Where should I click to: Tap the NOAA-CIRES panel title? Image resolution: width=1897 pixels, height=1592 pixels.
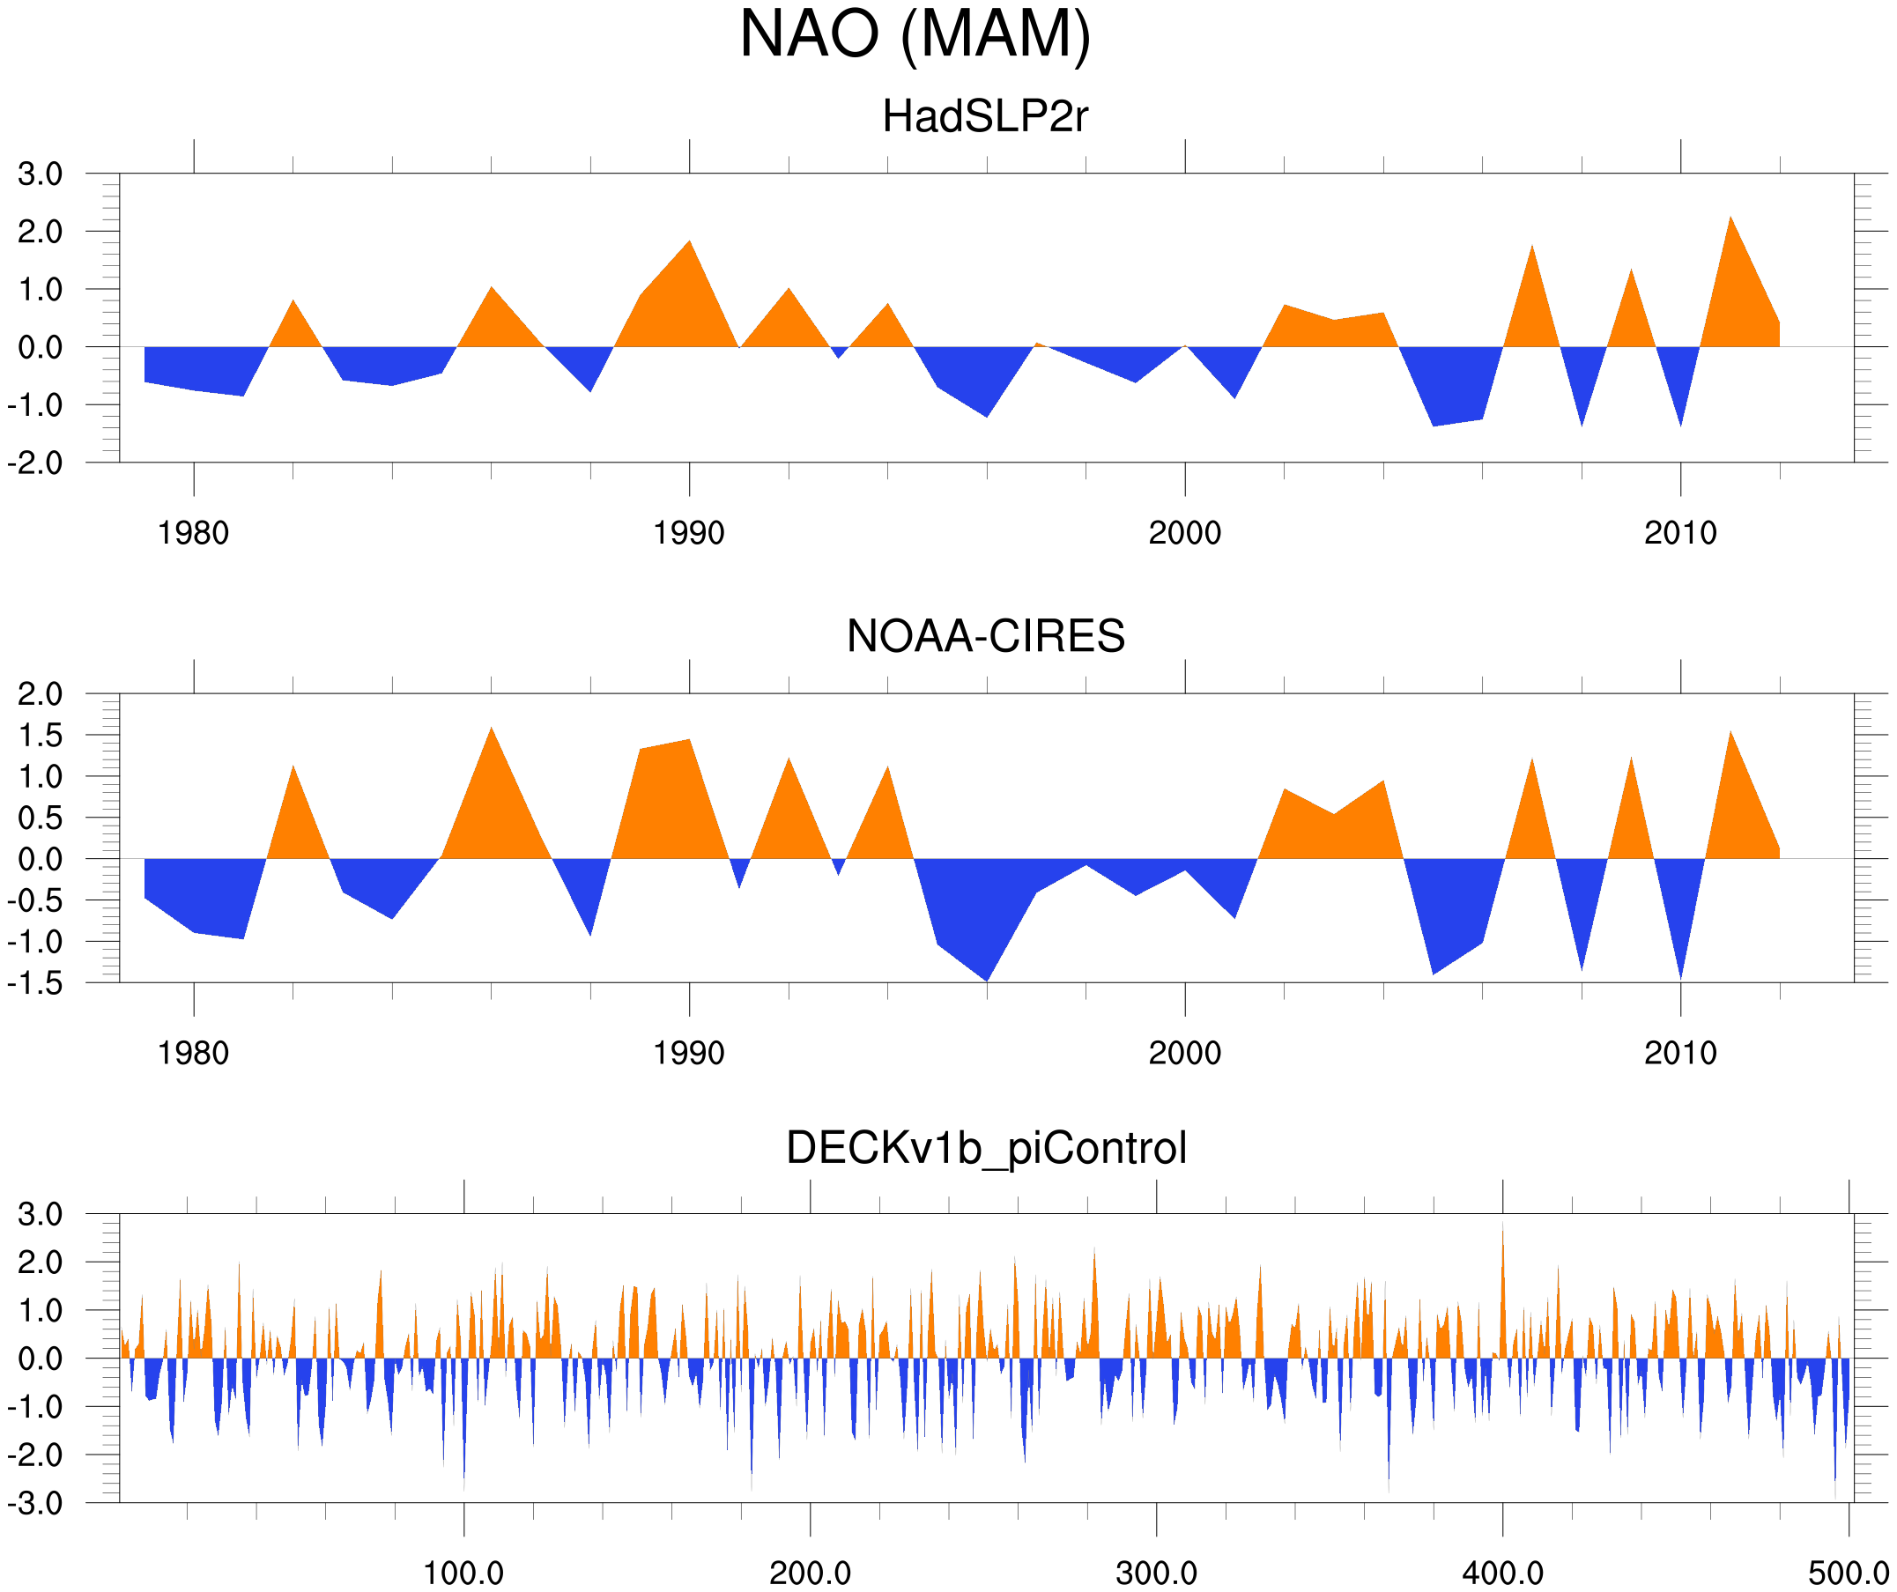(x=986, y=637)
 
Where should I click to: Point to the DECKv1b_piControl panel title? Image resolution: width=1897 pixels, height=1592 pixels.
(x=987, y=1149)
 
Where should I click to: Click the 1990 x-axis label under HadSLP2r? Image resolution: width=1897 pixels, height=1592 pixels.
(x=688, y=534)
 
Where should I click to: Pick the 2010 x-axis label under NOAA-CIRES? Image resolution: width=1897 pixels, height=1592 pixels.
(x=1680, y=1053)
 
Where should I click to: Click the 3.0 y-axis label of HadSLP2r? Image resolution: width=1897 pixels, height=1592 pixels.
(x=41, y=174)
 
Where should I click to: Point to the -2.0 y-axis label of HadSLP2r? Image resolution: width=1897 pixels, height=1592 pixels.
(x=35, y=463)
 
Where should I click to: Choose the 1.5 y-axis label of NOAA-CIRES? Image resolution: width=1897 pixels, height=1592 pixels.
(x=41, y=736)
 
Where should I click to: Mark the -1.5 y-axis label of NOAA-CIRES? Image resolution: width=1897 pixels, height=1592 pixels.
(x=35, y=983)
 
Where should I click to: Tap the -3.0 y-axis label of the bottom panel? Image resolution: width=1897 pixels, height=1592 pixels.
(x=35, y=1505)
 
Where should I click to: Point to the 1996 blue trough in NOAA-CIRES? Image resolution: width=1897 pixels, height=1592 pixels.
(x=987, y=979)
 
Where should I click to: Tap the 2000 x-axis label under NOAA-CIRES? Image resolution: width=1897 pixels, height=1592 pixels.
(x=1184, y=1053)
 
